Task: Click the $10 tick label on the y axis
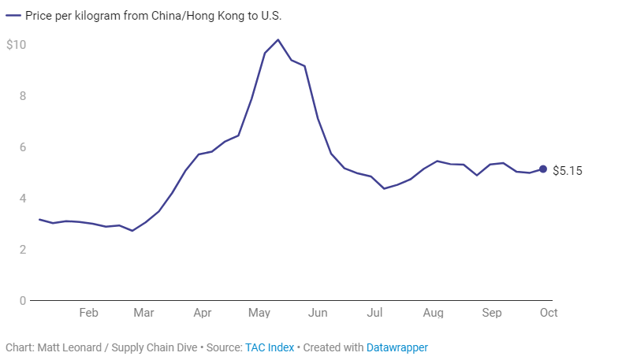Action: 17,45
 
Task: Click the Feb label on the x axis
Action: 88,313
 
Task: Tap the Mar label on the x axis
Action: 143,313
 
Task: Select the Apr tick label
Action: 202,313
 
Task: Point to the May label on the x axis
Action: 259,313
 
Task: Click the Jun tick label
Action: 318,313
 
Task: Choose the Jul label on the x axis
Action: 374,313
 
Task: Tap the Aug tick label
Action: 433,313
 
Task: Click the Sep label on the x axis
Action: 491,313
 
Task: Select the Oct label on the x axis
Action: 548,313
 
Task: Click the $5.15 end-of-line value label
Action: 567,170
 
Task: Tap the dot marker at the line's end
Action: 543,169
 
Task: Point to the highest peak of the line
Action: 278,39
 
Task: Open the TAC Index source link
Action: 270,347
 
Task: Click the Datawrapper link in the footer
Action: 397,347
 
